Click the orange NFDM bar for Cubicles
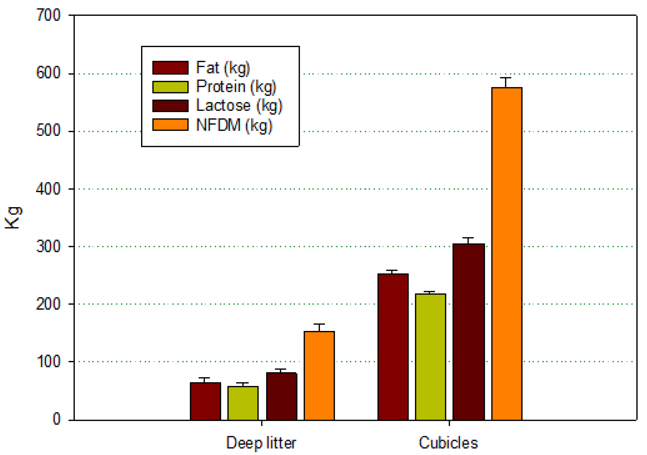tap(507, 254)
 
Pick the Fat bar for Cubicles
tap(393, 347)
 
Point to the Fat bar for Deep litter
tap(205, 401)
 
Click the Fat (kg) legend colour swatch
tap(170, 68)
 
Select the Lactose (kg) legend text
tap(239, 106)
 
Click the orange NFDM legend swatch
tap(170, 124)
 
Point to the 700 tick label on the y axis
tap(49, 15)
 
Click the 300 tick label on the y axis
tap(49, 246)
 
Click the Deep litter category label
tap(261, 443)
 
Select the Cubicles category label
tap(448, 442)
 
